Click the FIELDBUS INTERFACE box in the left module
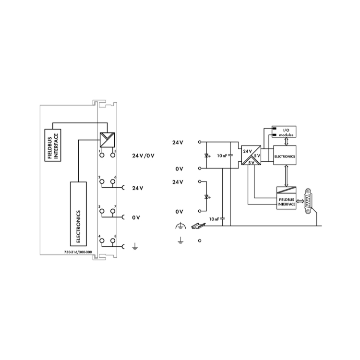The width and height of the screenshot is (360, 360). click(53, 145)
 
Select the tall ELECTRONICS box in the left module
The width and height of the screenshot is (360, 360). click(78, 214)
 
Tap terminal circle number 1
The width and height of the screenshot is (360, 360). click(102, 155)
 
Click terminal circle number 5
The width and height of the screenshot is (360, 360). click(112, 155)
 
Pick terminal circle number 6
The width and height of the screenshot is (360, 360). click(112, 181)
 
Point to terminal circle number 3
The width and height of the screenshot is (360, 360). click(102, 211)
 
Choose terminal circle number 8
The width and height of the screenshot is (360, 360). click(112, 240)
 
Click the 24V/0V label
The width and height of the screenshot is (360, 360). click(143, 156)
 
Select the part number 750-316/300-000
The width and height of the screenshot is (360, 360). click(78, 252)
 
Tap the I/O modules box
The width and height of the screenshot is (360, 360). click(284, 132)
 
